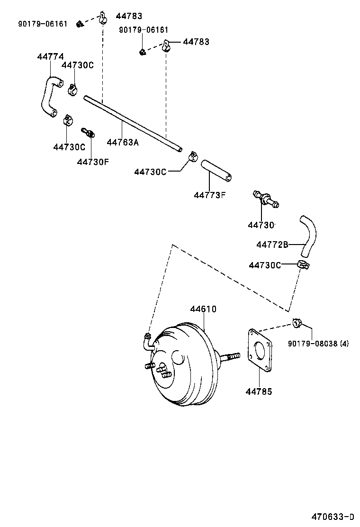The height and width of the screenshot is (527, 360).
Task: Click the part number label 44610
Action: point(203,309)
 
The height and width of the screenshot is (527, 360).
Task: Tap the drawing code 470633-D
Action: point(332,516)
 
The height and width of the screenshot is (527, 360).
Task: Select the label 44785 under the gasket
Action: point(259,391)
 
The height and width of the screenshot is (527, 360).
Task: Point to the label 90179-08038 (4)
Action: point(318,344)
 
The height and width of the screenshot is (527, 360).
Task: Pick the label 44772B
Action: point(272,245)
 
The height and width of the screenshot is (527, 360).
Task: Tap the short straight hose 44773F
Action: point(216,171)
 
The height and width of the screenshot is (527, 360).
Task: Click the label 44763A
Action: point(123,142)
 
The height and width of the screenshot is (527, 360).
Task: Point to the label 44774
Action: point(50,56)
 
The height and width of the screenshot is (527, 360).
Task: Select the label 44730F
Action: point(93,162)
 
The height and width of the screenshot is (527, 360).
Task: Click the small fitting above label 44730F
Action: point(88,132)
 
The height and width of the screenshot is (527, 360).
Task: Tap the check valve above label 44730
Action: point(266,200)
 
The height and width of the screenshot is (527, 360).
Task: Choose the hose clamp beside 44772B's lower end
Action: point(303,265)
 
